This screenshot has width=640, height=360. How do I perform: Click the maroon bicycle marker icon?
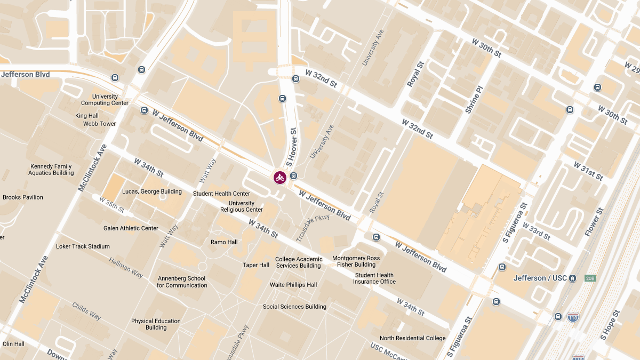280,178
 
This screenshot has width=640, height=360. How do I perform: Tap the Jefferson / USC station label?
540,278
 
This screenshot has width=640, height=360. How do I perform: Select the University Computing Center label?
105,100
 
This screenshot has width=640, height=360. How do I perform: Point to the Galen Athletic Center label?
131,228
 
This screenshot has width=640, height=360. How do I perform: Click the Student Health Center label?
221,194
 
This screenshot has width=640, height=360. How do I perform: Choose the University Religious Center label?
242,206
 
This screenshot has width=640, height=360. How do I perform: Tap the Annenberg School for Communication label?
182,282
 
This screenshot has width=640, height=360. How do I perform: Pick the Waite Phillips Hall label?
293,285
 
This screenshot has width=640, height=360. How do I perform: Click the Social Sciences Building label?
294,307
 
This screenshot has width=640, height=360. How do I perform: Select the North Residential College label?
412,338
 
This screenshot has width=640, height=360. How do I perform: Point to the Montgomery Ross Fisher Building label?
356,261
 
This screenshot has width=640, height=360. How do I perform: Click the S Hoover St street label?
292,147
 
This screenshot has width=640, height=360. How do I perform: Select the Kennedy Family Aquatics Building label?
51,170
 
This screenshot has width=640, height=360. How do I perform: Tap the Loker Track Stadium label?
83,246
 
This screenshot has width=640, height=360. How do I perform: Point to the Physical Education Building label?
156,324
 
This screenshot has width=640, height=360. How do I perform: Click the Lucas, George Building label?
152,191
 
